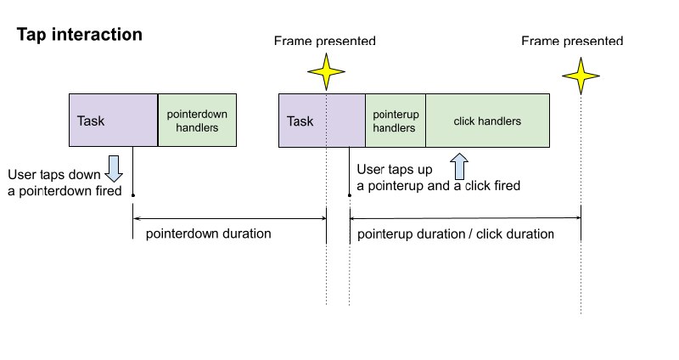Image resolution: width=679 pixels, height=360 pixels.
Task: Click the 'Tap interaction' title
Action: (79, 35)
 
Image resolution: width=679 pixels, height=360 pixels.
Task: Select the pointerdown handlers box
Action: (197, 120)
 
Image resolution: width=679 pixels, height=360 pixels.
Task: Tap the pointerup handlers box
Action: (396, 121)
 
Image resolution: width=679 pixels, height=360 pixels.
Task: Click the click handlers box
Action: (487, 121)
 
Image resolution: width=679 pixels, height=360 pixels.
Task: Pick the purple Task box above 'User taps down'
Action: (114, 120)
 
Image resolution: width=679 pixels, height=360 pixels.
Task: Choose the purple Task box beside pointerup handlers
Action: (322, 121)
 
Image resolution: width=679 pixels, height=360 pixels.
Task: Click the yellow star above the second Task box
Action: (326, 72)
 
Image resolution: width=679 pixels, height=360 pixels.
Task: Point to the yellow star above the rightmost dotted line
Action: (581, 76)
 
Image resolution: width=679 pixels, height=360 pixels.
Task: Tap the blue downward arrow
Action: (114, 168)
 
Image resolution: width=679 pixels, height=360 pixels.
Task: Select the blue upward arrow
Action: (459, 166)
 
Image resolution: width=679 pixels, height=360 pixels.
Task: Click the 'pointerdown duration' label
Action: (208, 233)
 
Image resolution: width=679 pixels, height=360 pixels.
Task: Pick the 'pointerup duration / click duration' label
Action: (456, 234)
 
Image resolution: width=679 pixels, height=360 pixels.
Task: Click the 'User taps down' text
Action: (54, 175)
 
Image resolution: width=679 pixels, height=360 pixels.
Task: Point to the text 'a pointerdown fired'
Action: (65, 191)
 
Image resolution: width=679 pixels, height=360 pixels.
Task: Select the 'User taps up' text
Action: (395, 169)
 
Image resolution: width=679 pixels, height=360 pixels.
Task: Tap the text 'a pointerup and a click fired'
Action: (438, 185)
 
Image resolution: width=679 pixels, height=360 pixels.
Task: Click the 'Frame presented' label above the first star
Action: (325, 41)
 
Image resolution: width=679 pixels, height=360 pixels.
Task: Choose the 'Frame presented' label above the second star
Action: (572, 41)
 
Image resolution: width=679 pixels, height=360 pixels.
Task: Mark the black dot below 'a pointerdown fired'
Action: (133, 195)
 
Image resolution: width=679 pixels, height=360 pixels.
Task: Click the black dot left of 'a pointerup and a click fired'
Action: (350, 195)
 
